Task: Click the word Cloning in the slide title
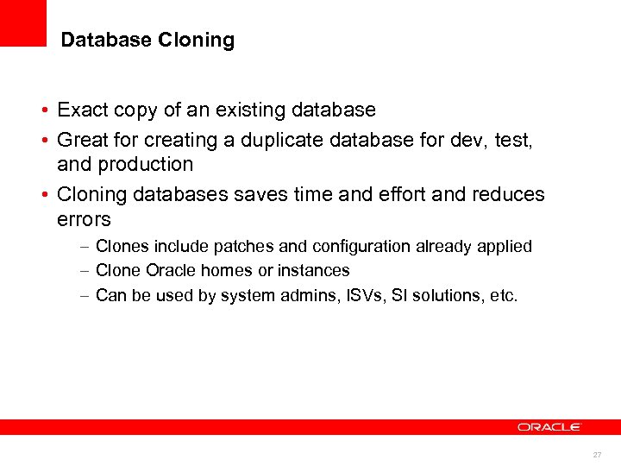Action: (x=197, y=41)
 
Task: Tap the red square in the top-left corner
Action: (x=22, y=22)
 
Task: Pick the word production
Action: (x=149, y=164)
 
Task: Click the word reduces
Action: (x=509, y=194)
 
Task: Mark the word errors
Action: (x=84, y=219)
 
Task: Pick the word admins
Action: (x=324, y=296)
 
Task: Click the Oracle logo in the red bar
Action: (x=549, y=426)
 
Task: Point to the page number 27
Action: (x=597, y=454)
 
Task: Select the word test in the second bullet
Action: (x=514, y=137)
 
